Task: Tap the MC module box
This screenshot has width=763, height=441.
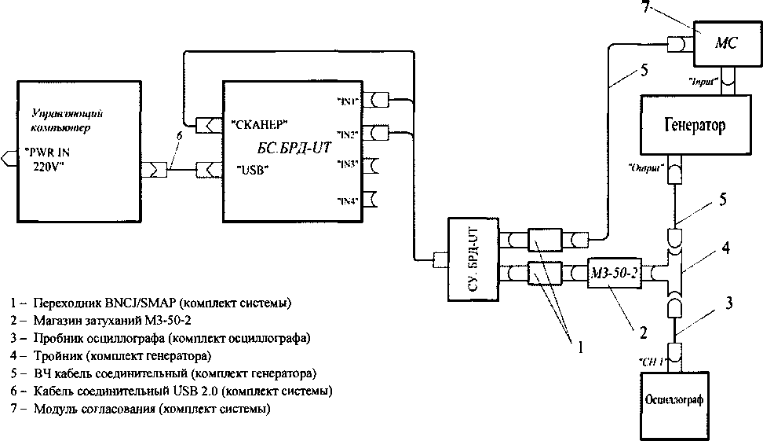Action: tap(723, 44)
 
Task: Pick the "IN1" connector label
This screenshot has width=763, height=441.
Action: tap(349, 101)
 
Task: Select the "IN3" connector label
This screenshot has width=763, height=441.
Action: tap(349, 164)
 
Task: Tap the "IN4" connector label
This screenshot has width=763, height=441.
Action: tap(349, 200)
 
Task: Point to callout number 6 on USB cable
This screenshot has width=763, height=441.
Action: tap(179, 135)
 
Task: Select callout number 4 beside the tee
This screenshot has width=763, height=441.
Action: tap(727, 248)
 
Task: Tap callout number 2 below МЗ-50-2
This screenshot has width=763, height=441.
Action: tap(643, 333)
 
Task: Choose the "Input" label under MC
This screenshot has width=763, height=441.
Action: tap(700, 82)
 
